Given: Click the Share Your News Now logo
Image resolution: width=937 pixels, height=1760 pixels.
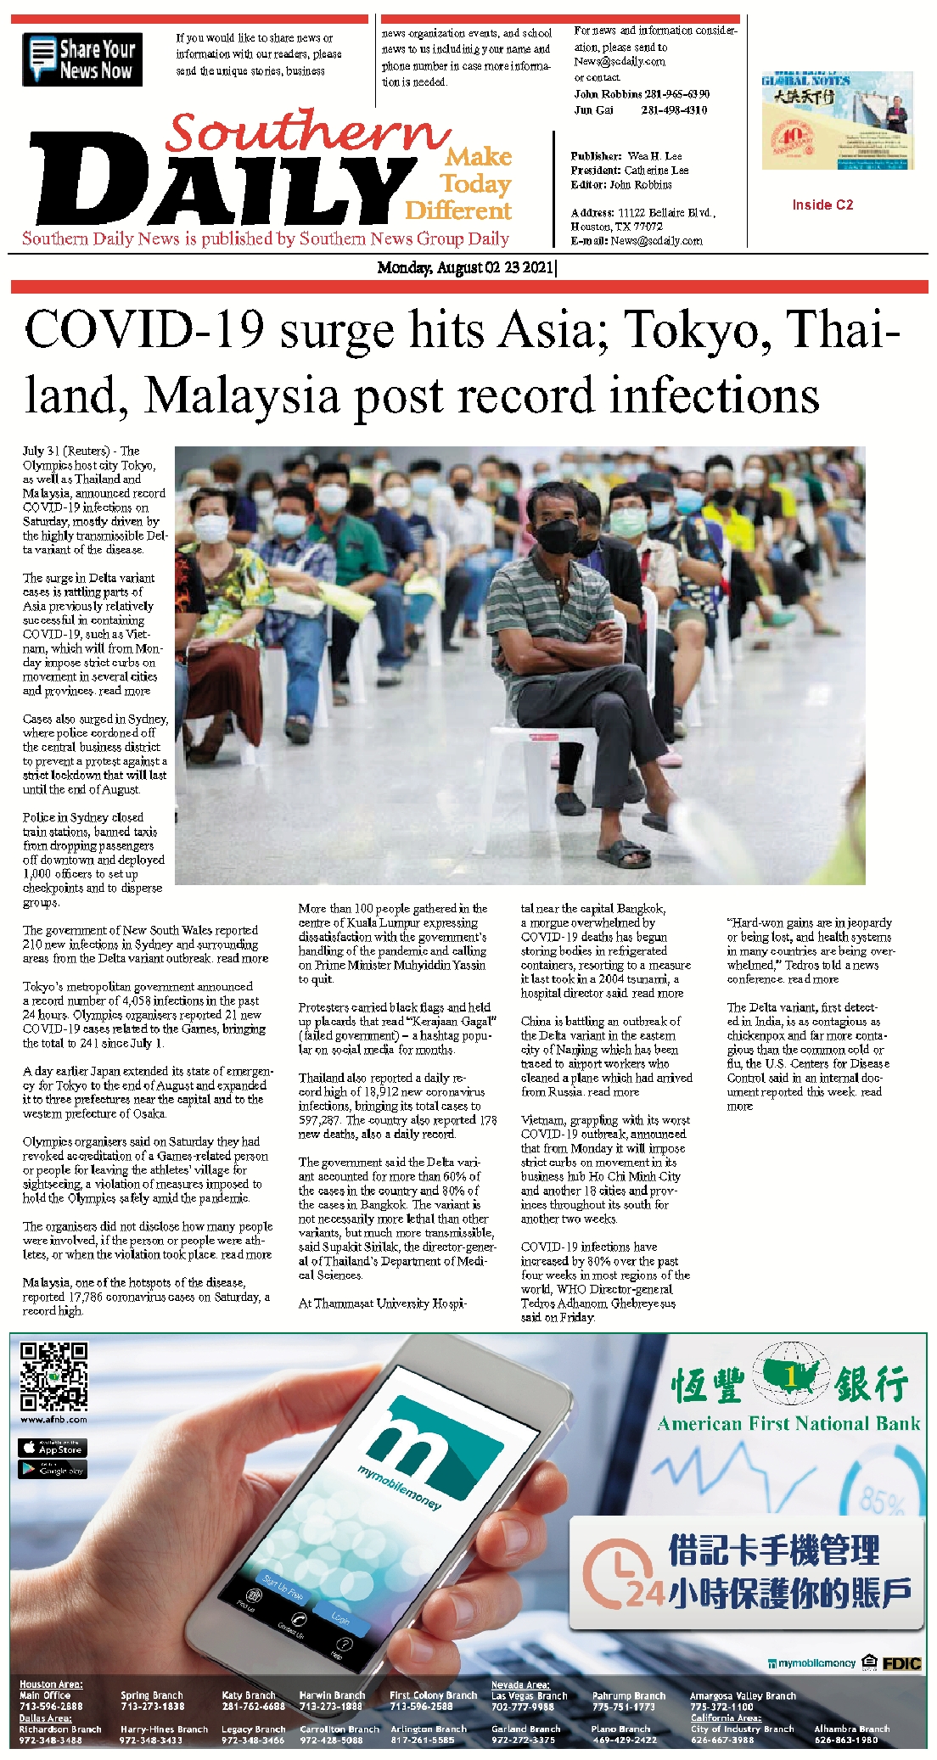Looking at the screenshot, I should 82,59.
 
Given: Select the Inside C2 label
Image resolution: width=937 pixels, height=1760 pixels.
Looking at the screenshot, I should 822,205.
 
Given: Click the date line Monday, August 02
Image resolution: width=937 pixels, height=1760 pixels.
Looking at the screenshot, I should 466,268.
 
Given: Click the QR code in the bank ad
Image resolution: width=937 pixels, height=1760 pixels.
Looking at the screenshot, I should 53,1376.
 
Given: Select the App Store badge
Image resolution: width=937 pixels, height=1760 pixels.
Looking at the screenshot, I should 53,1448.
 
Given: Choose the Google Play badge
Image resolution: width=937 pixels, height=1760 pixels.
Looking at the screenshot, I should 53,1469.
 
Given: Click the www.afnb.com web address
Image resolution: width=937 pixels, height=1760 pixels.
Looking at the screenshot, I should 53,1419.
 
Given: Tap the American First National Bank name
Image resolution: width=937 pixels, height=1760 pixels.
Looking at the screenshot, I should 788,1424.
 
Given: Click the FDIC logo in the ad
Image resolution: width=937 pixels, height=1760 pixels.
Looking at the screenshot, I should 901,1662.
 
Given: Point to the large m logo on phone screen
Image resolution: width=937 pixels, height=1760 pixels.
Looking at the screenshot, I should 432,1439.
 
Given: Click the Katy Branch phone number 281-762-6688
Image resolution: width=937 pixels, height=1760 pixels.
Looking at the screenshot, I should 253,1706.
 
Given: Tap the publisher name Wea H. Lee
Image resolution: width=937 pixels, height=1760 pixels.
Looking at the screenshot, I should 654,156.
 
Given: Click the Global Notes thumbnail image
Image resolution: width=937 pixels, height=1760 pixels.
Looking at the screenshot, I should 837,121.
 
